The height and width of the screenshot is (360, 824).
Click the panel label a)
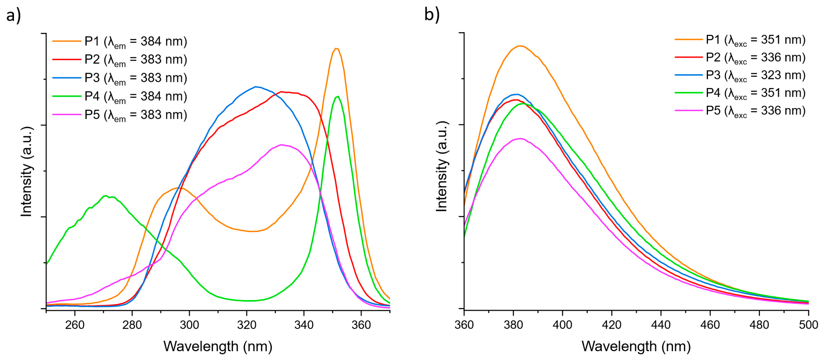13,15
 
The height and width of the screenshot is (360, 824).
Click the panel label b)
432,14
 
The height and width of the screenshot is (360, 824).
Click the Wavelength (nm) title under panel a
218,347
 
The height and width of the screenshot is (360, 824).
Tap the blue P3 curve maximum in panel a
255,86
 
